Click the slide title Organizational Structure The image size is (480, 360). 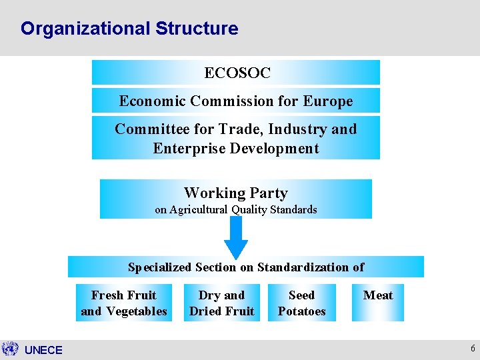(129, 29)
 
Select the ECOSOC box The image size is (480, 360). (236, 73)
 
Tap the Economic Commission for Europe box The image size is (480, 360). (236, 101)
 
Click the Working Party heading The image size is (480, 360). (236, 193)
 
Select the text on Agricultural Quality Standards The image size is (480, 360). (236, 209)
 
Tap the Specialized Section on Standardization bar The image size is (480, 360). (246, 267)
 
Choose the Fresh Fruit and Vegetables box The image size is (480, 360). (124, 303)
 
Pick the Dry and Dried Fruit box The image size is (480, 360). (222, 303)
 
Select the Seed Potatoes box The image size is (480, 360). (302, 303)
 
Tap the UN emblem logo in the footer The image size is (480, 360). (10, 349)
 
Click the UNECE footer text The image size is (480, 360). (43, 350)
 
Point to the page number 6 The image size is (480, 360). (473, 349)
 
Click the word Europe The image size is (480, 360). (327, 101)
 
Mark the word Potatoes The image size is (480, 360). (302, 311)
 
